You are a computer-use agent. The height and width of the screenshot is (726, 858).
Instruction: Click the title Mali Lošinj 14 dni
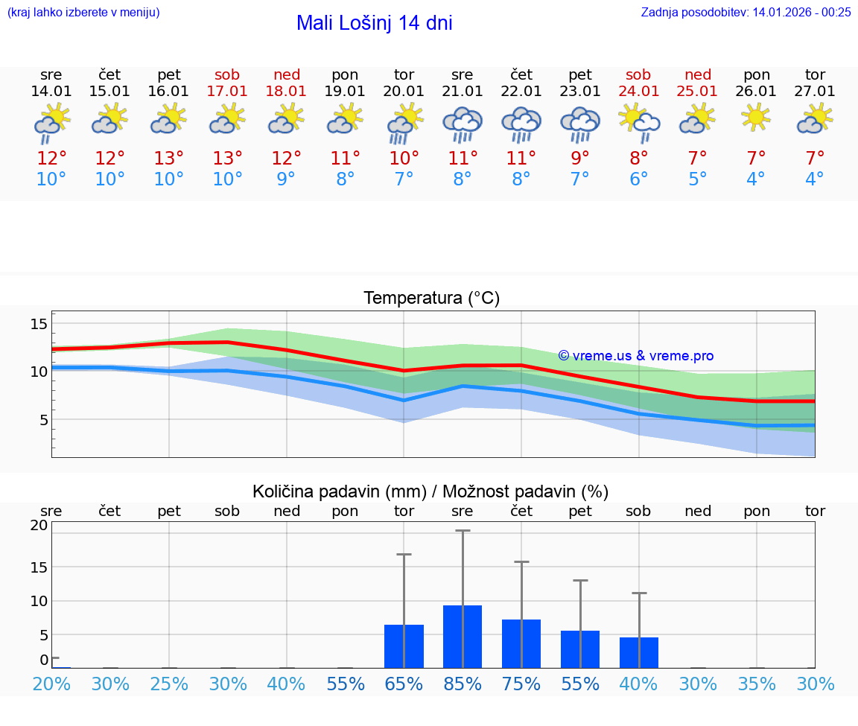pyautogui.click(x=374, y=23)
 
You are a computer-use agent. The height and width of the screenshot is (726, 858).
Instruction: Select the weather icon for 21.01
pyautogui.click(x=463, y=124)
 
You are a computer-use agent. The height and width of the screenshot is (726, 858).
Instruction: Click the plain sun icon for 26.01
pyautogui.click(x=757, y=118)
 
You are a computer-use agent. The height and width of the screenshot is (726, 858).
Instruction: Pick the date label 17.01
pyautogui.click(x=227, y=91)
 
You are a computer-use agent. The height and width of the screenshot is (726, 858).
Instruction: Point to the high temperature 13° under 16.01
pyautogui.click(x=169, y=159)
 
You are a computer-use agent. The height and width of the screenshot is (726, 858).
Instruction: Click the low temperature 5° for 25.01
pyautogui.click(x=698, y=179)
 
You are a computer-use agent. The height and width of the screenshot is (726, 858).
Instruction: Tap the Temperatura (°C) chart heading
pyautogui.click(x=431, y=298)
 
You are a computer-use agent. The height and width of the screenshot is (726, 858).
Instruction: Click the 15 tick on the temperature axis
pyautogui.click(x=39, y=323)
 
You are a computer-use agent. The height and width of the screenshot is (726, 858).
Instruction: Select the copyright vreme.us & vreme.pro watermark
pyautogui.click(x=636, y=356)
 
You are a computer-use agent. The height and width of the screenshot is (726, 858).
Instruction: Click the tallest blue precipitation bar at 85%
pyautogui.click(x=463, y=637)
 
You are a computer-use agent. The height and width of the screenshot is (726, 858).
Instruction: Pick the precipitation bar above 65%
pyautogui.click(x=404, y=646)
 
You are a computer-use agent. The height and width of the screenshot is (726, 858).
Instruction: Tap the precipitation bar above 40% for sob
pyautogui.click(x=639, y=652)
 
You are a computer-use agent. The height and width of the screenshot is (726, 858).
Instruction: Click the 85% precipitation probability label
pyautogui.click(x=463, y=684)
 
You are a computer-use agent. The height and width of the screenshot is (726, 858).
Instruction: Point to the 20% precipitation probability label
pyautogui.click(x=51, y=684)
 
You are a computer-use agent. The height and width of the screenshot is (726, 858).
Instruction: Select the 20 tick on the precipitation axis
pyautogui.click(x=39, y=524)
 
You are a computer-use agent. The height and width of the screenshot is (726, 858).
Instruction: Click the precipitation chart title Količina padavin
pyautogui.click(x=430, y=491)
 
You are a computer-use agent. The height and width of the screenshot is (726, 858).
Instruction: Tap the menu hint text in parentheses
pyautogui.click(x=83, y=12)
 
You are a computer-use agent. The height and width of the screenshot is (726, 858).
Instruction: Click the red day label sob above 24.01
pyautogui.click(x=638, y=74)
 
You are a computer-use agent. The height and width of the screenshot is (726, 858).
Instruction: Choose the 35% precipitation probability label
pyautogui.click(x=757, y=684)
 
